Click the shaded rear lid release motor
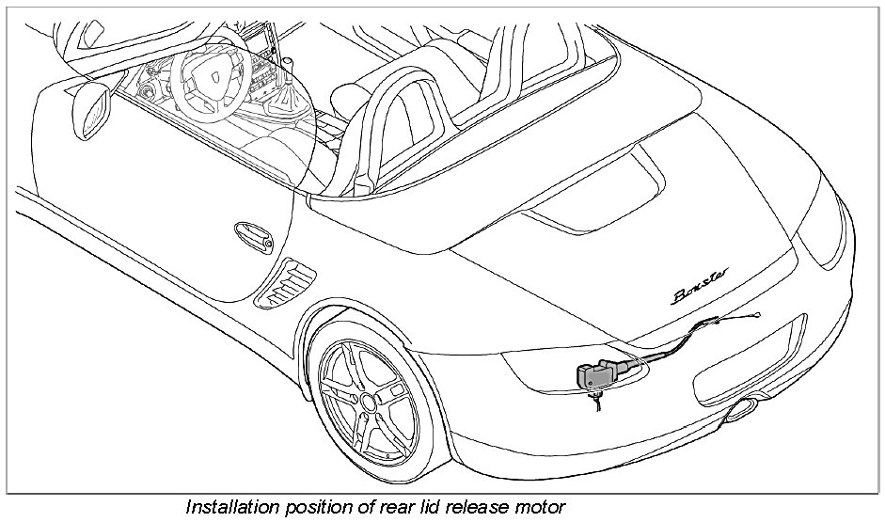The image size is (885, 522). (x=596, y=375)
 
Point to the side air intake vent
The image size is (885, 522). (x=286, y=279)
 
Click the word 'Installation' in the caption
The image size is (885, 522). (x=229, y=508)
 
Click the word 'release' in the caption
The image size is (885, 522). (x=475, y=508)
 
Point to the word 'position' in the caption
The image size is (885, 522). (x=311, y=508)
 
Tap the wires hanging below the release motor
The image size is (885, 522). (x=594, y=402)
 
